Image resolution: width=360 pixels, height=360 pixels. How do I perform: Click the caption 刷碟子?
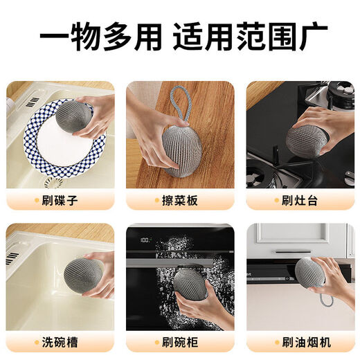[x=64, y=201]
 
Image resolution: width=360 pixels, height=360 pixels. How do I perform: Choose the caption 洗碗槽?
[x=64, y=340]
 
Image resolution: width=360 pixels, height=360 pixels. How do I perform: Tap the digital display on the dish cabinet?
[x=146, y=240]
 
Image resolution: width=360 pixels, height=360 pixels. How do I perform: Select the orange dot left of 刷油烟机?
[x=275, y=340]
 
